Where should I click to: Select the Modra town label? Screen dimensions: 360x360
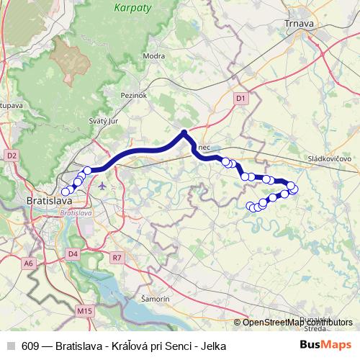point(154,55)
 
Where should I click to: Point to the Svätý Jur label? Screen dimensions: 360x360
point(102,121)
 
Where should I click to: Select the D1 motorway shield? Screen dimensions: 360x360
point(240,98)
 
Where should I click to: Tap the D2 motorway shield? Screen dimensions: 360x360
point(11,155)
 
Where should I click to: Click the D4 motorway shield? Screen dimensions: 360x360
point(73,253)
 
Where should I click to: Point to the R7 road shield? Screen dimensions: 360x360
point(118,257)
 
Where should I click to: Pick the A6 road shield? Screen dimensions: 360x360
point(29,264)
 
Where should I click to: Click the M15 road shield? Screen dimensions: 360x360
point(84,311)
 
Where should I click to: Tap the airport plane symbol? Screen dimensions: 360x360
point(102,186)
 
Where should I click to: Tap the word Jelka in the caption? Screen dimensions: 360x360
point(213,346)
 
